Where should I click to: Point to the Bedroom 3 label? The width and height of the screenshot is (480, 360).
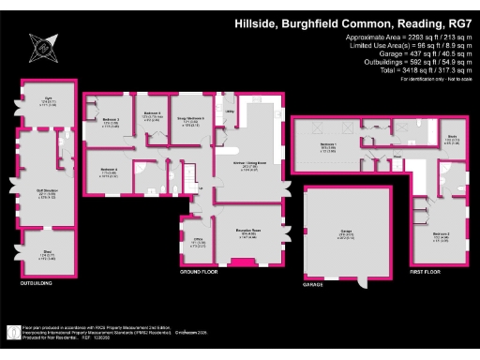pyautogui.click(x=111, y=121)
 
